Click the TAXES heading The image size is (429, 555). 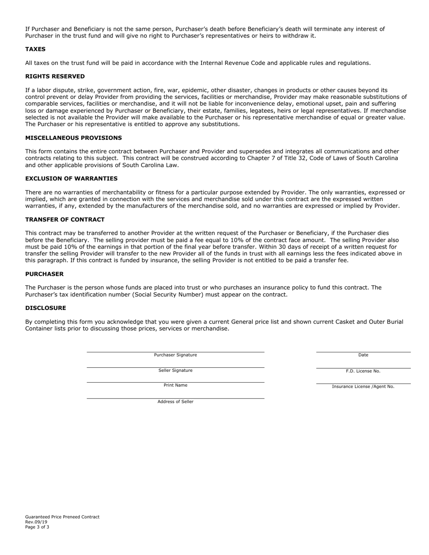coord(35,49)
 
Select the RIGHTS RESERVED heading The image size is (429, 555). coord(55,76)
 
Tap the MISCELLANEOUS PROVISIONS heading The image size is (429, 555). coord(73,138)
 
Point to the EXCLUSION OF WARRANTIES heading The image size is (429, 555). coord(71,179)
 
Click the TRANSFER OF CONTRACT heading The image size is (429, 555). coord(65,219)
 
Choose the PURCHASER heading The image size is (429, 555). coord(44,274)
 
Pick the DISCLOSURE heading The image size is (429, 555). coord(45,308)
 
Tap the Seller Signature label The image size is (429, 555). coord(175,370)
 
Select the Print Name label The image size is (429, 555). coord(175,385)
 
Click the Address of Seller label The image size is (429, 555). coord(175,402)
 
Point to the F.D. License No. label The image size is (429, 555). coord(363,371)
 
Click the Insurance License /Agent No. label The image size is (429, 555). coord(363,387)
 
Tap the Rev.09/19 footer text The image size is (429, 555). coord(36,522)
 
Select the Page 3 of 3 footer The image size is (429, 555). coord(37,527)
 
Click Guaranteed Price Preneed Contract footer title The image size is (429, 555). coord(62,517)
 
